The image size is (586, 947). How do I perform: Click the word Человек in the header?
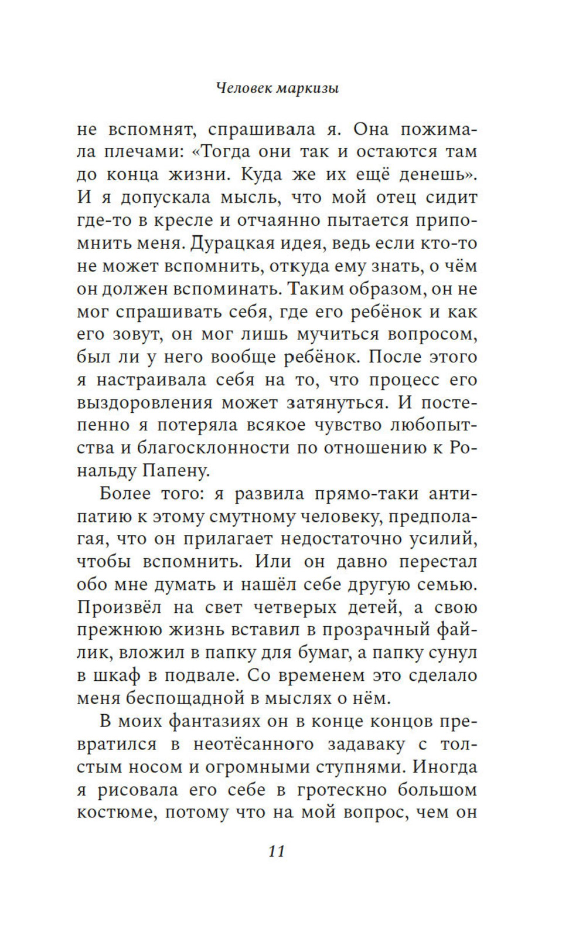point(246,89)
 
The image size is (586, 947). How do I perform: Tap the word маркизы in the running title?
point(309,89)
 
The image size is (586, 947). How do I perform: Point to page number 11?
point(277,851)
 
